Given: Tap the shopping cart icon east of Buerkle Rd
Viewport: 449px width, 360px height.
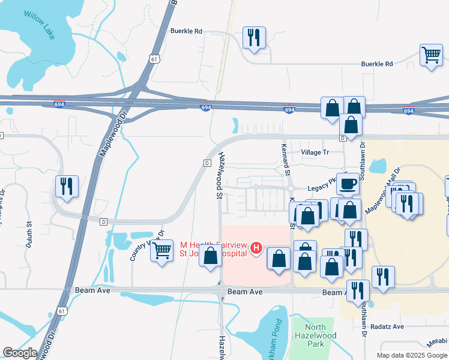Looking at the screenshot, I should [x=431, y=55].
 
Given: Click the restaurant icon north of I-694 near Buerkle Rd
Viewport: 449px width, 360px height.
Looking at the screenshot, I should [x=253, y=38].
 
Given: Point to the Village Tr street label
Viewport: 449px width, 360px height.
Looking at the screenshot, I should [x=315, y=152].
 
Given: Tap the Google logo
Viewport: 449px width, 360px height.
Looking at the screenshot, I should [x=20, y=352].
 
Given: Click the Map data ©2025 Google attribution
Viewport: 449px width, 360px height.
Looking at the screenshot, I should [x=412, y=355].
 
